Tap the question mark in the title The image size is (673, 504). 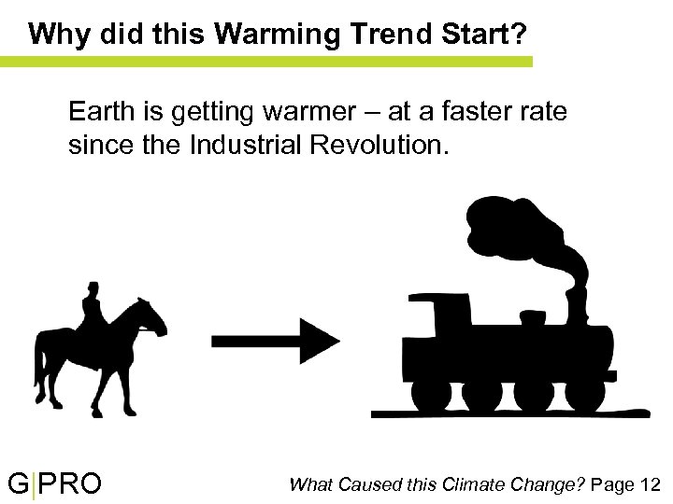519,35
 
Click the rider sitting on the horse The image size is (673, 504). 93,308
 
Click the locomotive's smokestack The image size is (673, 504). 575,301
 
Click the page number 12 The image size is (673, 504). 650,484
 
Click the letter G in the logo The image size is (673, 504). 19,484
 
